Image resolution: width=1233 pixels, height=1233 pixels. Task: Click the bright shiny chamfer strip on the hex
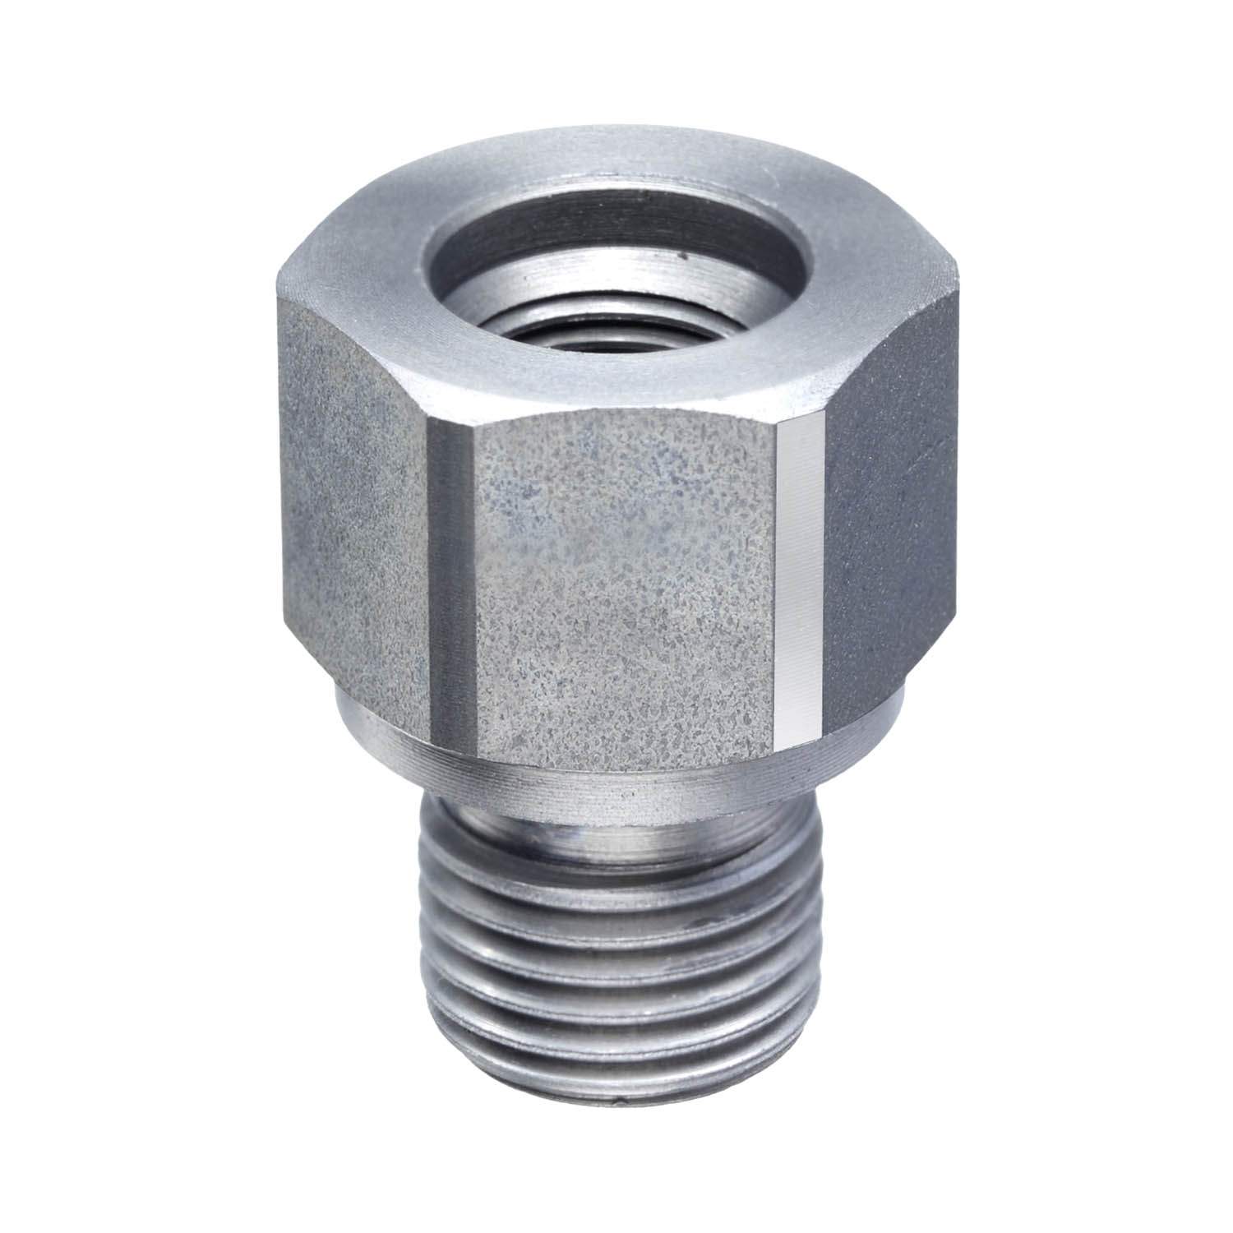pos(797,575)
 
